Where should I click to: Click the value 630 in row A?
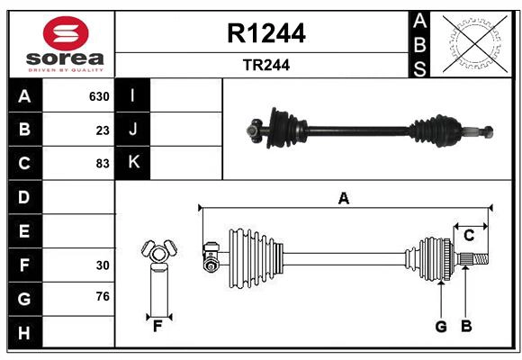99,96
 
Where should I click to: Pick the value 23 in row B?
103,130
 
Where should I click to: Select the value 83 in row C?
103,164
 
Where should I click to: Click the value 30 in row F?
103,265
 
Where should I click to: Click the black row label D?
23,197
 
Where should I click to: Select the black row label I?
133,95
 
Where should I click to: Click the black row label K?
133,163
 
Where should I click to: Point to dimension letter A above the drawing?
343,198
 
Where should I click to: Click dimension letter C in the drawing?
469,235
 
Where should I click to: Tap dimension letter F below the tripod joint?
157,326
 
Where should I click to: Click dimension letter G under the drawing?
441,327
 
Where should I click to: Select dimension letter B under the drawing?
466,327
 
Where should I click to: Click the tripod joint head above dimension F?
157,251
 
